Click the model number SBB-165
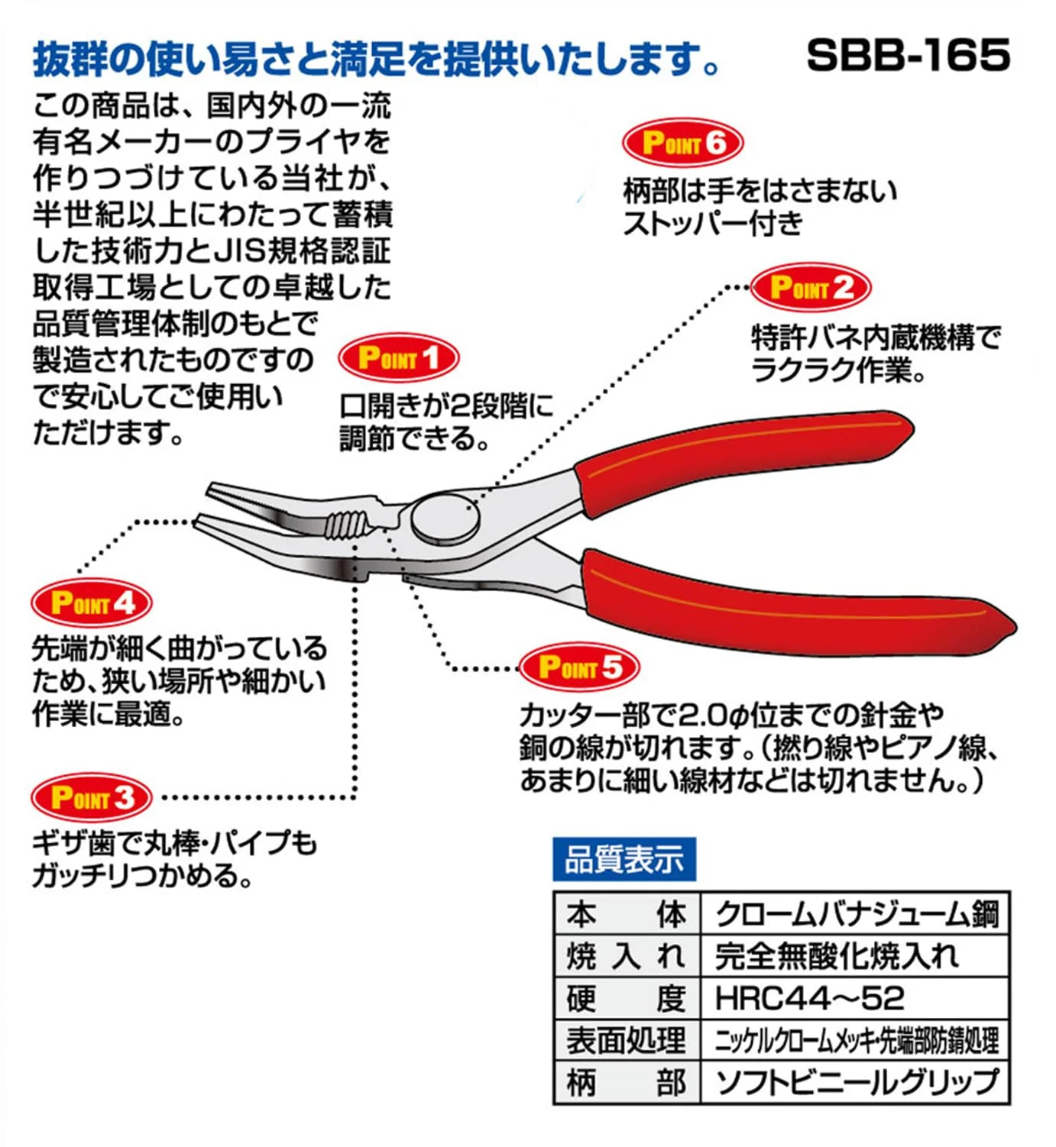909,56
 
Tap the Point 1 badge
398,358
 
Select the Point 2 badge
811,287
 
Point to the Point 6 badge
683,143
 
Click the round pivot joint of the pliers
445,519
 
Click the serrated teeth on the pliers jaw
345,524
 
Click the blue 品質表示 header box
624,859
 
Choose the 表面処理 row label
627,1040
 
